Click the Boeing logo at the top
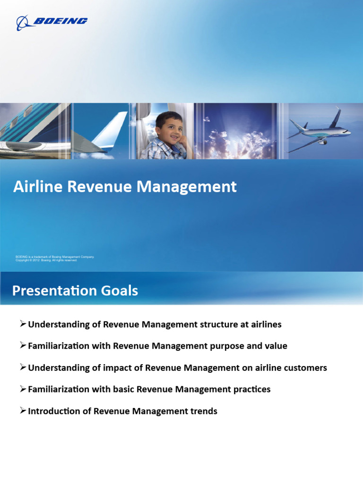(x=52, y=22)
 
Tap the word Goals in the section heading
(x=118, y=290)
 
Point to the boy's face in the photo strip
(x=169, y=128)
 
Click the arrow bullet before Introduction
(x=23, y=411)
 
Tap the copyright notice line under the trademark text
(x=46, y=260)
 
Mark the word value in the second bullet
(x=277, y=346)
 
